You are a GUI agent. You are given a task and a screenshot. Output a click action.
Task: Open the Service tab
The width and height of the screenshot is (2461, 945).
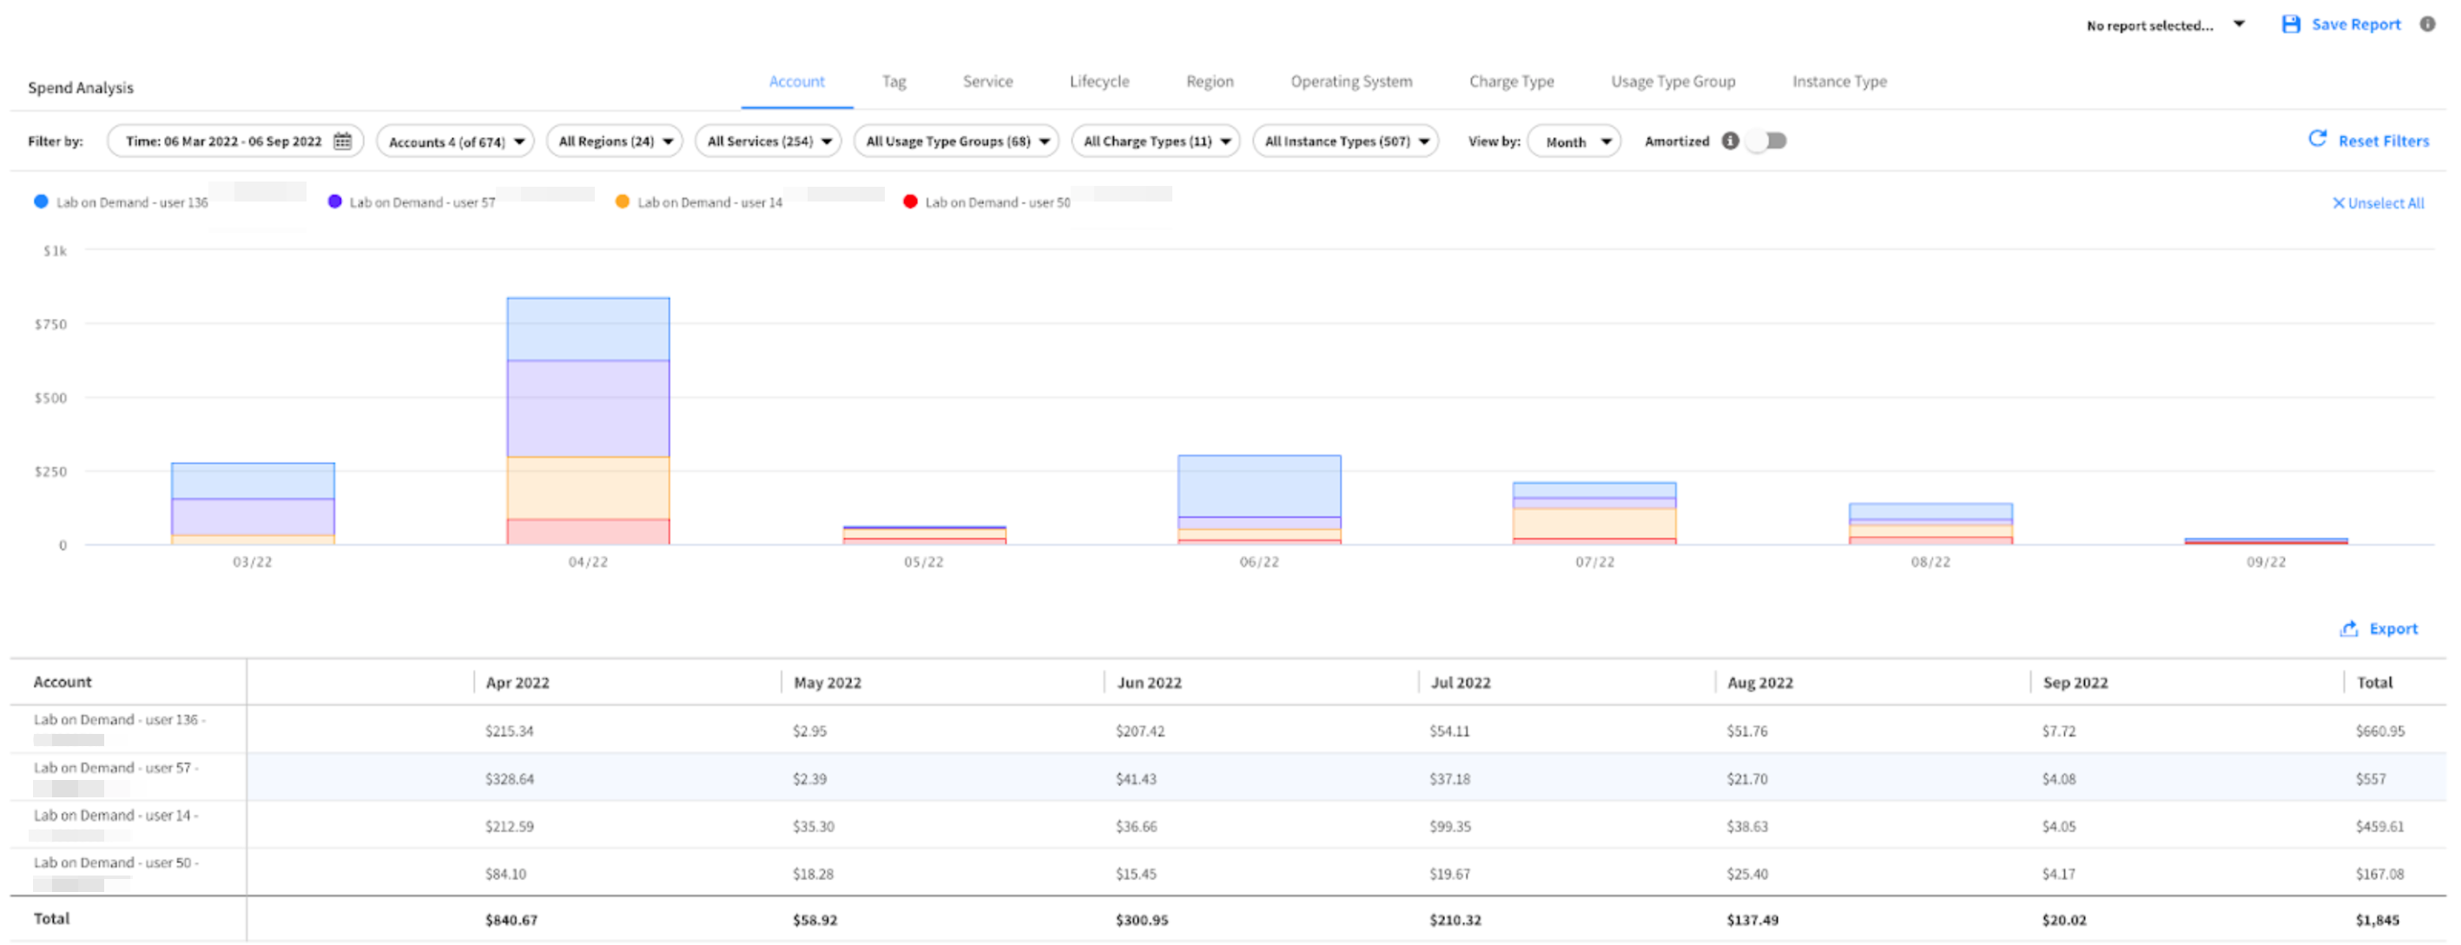click(x=986, y=83)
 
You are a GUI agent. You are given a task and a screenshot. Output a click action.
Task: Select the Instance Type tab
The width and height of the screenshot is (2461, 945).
click(x=1838, y=83)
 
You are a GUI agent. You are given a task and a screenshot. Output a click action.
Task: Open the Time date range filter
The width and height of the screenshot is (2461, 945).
click(x=235, y=142)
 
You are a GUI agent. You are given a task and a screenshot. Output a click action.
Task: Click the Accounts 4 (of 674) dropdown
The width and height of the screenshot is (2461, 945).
click(x=456, y=142)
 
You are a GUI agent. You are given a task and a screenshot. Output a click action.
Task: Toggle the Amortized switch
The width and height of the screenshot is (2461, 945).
click(x=1766, y=142)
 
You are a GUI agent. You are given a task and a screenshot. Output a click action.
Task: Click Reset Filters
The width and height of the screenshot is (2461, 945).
click(x=2368, y=142)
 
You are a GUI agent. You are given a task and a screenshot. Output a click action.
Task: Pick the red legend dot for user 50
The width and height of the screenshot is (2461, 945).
click(x=909, y=202)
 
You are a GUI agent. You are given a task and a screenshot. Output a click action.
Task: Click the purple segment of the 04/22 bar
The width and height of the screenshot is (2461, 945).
click(x=588, y=408)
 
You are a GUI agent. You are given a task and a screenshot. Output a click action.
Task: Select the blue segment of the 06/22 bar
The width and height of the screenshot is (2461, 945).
click(x=1258, y=486)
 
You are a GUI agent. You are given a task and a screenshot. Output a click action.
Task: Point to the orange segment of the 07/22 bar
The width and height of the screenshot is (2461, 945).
click(x=1593, y=523)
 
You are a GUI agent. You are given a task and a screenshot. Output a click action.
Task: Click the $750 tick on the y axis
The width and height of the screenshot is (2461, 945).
click(x=50, y=325)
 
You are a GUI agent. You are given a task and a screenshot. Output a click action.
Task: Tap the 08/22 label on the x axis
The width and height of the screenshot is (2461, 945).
click(x=1930, y=563)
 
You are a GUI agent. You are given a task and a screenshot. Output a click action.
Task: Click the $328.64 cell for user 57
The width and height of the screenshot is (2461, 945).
click(x=509, y=780)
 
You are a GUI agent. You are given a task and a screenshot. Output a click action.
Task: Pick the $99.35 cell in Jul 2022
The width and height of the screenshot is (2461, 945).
click(x=1449, y=828)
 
